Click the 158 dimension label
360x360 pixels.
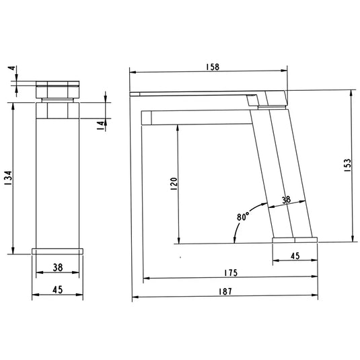click(213, 67)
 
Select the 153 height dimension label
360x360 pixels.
click(348, 166)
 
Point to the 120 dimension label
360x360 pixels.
click(174, 184)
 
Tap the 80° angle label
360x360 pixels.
click(243, 216)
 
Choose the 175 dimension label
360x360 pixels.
click(231, 273)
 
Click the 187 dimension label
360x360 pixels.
click(225, 291)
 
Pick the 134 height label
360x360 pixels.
click(8, 178)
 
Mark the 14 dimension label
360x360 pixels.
click(100, 126)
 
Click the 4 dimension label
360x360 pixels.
click(11, 68)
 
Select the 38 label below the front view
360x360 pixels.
click(58, 267)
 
